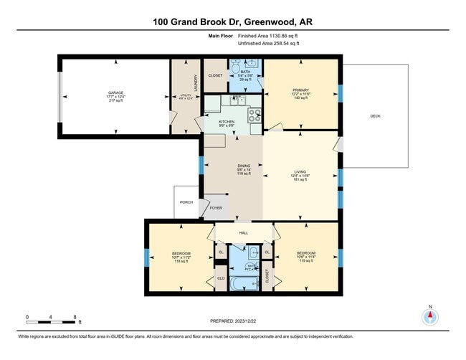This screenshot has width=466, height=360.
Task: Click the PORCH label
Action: (x=186, y=202)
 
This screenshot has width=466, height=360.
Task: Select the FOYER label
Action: (x=216, y=208)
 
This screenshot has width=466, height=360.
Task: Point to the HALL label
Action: (x=244, y=234)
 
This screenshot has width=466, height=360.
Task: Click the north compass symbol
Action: (x=431, y=318)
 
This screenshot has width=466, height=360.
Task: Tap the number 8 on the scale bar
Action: (x=75, y=316)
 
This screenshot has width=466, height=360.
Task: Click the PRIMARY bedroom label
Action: (x=300, y=90)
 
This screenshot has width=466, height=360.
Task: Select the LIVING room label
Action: (x=300, y=171)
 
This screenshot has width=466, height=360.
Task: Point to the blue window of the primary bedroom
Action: (x=341, y=93)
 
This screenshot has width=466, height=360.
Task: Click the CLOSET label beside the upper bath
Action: (x=215, y=75)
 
